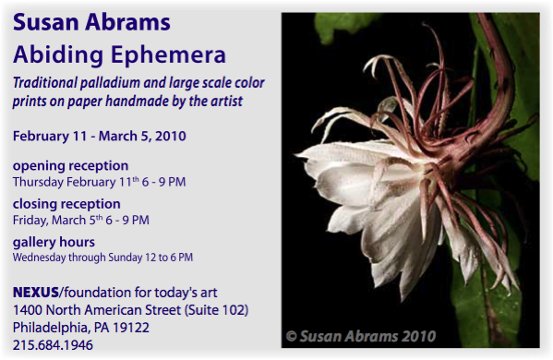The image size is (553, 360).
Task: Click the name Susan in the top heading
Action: tap(46, 22)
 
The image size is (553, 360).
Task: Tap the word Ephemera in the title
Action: tap(168, 55)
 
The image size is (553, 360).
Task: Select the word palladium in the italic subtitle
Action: tap(110, 83)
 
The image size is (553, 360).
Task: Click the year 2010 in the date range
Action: tap(171, 136)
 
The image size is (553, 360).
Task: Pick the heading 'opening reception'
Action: tap(70, 166)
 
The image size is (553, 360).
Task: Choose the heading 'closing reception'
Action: tap(66, 204)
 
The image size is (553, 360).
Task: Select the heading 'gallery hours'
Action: tap(54, 243)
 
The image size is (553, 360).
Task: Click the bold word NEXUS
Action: tap(36, 293)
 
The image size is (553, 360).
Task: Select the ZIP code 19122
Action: tap(131, 328)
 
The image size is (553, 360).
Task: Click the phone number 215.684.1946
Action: tap(53, 345)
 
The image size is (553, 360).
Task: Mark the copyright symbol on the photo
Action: tap(292, 336)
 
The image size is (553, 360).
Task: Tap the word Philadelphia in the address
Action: tap(52, 328)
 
